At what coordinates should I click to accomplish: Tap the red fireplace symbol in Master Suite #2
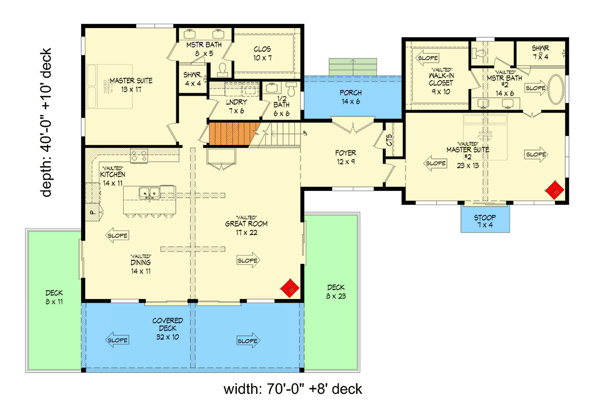tap(555, 190)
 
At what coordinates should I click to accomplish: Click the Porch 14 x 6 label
tap(350, 97)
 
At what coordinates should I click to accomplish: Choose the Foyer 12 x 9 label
tap(345, 157)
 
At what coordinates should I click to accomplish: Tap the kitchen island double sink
tap(148, 193)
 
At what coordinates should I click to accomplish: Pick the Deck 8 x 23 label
tap(336, 292)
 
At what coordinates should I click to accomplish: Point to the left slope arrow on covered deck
tap(117, 340)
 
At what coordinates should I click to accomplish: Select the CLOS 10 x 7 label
tap(263, 53)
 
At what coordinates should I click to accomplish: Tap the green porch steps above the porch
tap(353, 67)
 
